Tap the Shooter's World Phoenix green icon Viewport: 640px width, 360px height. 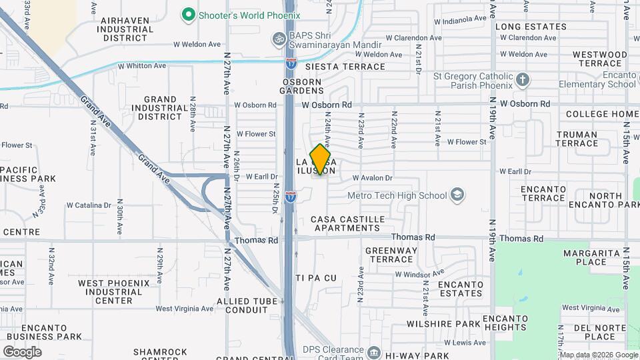tap(189, 14)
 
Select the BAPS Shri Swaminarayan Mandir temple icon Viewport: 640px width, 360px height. tap(279, 40)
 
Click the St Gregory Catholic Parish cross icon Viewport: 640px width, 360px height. tap(523, 81)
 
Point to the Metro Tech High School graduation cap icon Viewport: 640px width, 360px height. tap(457, 195)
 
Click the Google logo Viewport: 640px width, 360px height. tap(22, 352)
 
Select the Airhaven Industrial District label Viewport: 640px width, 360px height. tap(134, 29)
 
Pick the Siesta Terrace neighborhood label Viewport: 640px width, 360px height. tap(345, 67)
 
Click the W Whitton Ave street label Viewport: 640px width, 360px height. tap(141, 66)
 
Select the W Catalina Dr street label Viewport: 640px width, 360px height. tap(93, 205)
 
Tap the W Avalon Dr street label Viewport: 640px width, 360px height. tap(373, 178)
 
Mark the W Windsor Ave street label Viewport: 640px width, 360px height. tap(419, 273)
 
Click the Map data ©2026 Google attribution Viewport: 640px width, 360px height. tap(598, 355)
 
